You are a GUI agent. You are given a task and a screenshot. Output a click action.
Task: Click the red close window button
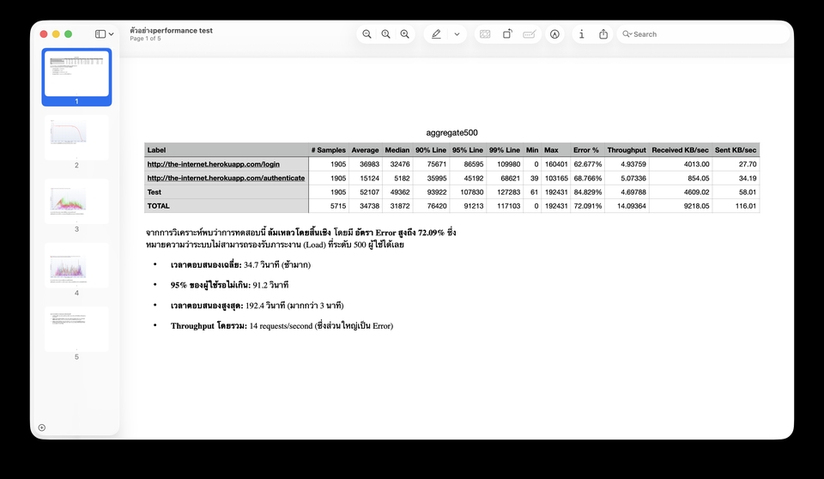point(44,33)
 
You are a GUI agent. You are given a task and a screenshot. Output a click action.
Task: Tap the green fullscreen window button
point(68,33)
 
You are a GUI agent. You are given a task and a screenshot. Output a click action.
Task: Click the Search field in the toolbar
point(704,34)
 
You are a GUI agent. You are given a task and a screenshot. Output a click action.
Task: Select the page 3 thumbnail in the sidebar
point(76,201)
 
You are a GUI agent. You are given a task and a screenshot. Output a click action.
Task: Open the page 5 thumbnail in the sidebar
point(76,329)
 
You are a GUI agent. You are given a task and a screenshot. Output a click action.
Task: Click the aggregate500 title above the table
point(451,133)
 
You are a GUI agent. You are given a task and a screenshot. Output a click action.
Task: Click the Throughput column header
point(626,150)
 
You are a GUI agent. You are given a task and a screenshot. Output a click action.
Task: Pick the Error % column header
point(586,150)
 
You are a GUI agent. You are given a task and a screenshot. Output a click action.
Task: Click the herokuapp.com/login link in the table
point(213,164)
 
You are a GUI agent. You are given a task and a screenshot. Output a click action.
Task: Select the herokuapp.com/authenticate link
point(226,178)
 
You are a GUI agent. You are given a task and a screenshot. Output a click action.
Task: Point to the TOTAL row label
point(159,206)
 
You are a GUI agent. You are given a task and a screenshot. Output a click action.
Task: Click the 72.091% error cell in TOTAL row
point(587,206)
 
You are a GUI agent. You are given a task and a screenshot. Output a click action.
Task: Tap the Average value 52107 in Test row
point(365,192)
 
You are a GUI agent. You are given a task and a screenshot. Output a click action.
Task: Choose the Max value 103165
point(556,178)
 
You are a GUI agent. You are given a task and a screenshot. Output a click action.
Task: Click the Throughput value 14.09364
point(628,206)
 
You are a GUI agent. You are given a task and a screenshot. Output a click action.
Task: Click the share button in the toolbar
point(603,34)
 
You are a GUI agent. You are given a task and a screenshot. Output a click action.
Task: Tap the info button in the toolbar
point(581,34)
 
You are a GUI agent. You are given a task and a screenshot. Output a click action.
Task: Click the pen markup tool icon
point(436,34)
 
